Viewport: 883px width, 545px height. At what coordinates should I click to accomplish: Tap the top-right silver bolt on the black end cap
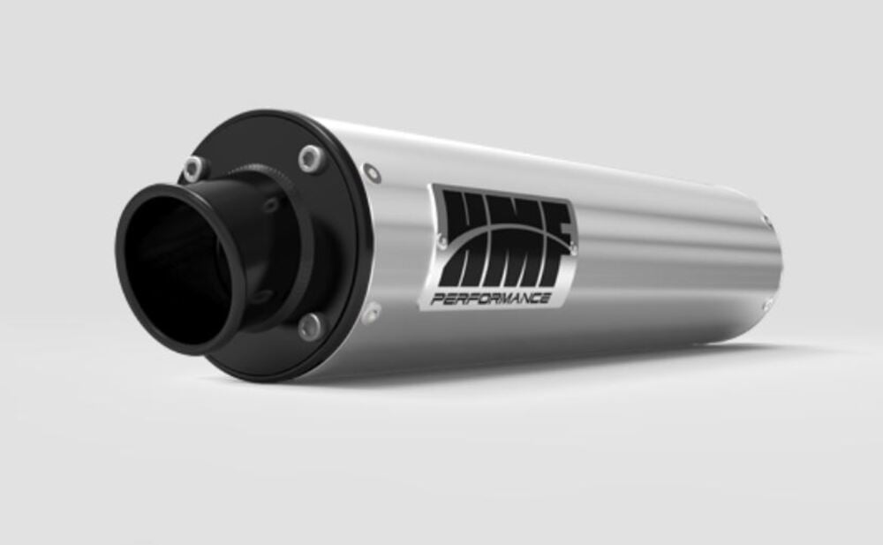310,158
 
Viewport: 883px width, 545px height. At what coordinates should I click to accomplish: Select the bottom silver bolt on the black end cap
310,328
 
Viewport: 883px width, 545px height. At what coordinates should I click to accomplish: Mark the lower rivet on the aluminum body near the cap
374,310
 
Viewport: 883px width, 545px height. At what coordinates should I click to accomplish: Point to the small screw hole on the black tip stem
271,205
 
